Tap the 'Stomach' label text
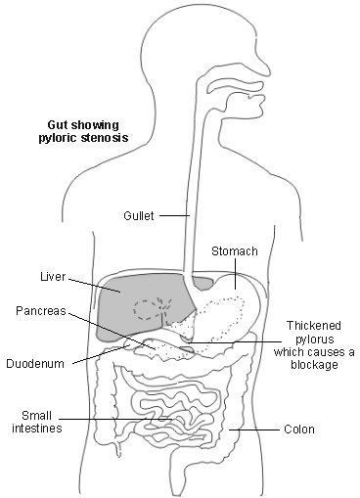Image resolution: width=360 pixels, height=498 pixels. click(235, 251)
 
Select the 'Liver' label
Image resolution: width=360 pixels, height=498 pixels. click(53, 277)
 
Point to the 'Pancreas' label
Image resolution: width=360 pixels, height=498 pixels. click(40, 310)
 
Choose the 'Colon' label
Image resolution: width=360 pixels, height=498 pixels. click(298, 429)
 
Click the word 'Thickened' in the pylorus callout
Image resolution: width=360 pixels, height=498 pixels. click(312, 325)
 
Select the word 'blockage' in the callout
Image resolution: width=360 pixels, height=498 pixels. click(312, 365)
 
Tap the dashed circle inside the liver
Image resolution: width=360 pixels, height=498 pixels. click(149, 309)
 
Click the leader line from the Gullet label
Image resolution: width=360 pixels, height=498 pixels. click(173, 215)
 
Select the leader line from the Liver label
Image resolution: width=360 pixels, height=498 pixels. click(93, 283)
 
